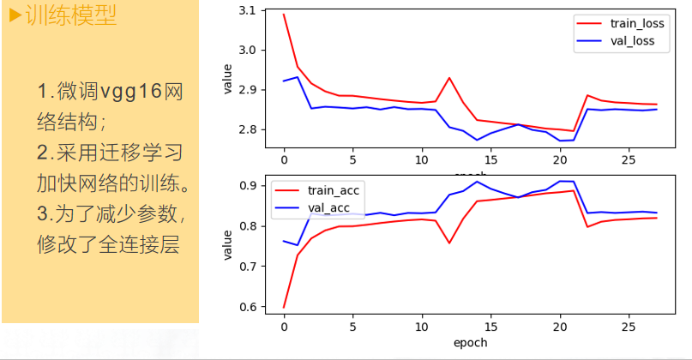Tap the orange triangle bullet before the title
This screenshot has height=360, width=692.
coord(15,16)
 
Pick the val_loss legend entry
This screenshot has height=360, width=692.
coord(627,40)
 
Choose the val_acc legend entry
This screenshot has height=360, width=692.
coord(322,208)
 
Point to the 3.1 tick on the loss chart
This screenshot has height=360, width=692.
coord(246,10)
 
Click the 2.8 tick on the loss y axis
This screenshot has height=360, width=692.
coord(246,129)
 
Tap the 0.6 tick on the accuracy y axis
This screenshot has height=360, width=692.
coord(246,307)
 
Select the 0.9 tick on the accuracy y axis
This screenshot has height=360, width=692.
coord(246,186)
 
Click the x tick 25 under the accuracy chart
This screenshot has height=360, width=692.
coord(628,327)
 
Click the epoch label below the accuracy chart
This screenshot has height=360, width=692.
coord(469,342)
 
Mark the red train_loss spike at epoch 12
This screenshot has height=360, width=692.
coord(449,78)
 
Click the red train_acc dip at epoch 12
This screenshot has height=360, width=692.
coord(449,243)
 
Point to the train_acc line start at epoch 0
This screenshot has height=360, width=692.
coord(284,306)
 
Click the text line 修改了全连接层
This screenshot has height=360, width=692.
coord(107,244)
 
